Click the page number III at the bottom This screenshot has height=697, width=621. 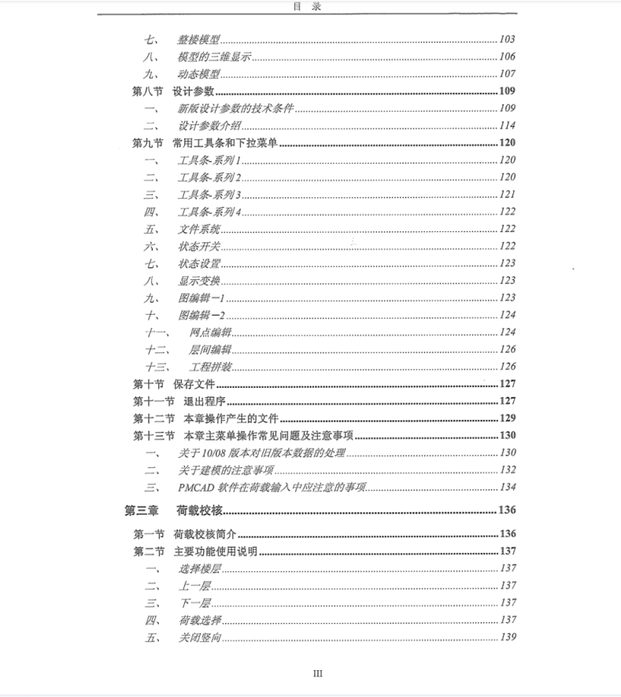(318, 673)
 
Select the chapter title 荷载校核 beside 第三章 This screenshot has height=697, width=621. (201, 511)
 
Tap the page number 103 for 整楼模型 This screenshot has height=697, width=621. (507, 39)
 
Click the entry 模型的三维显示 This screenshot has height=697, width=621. (214, 57)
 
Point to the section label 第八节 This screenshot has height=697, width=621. (147, 91)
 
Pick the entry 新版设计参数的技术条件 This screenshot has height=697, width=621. (235, 109)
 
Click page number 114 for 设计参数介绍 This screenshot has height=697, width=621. (507, 126)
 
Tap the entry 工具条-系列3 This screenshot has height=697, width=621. (209, 194)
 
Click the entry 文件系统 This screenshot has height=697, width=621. (199, 229)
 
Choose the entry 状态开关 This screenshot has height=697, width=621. (199, 246)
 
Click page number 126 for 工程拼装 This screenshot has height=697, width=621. (507, 367)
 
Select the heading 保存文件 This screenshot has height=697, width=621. (194, 384)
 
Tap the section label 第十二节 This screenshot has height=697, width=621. (153, 418)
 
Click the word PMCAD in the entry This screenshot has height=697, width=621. (196, 487)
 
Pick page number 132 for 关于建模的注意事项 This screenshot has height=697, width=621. (507, 470)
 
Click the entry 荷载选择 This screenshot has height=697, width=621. (199, 620)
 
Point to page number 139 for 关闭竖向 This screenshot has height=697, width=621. (507, 637)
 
